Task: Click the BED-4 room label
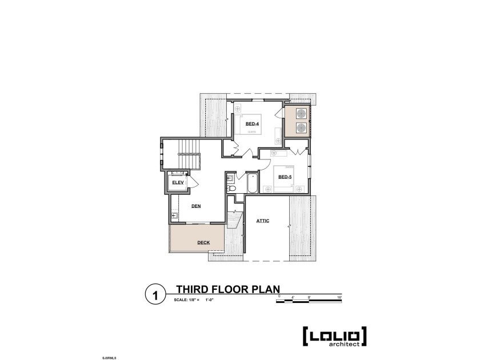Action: click(x=252, y=124)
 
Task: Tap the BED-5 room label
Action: click(x=285, y=177)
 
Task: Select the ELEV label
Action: click(x=177, y=182)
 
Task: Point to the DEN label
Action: click(x=195, y=206)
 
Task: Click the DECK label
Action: click(x=203, y=242)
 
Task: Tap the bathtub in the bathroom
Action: click(x=251, y=183)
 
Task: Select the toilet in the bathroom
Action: click(x=231, y=188)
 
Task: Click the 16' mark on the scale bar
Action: click(x=339, y=296)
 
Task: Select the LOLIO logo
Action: click(x=334, y=335)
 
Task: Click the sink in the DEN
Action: click(x=174, y=215)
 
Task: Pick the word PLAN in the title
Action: click(x=264, y=289)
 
